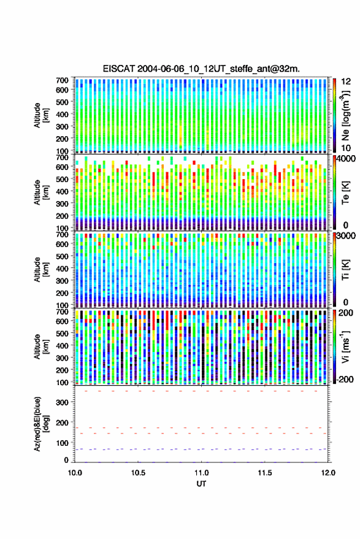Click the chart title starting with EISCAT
point(201,69)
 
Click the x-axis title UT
point(201,484)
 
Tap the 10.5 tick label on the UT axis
point(138,473)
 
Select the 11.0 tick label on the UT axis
point(201,473)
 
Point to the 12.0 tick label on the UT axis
point(328,473)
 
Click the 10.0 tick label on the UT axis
point(75,473)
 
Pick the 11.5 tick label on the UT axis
point(265,473)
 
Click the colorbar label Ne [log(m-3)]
point(345,115)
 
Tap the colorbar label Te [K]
point(345,193)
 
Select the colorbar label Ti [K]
point(345,270)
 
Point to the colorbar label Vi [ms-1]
point(345,346)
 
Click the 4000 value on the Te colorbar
point(347,159)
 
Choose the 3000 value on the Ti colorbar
point(347,236)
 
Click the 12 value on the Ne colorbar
point(347,81)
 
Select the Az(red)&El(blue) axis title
point(40,424)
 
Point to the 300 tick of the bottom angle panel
point(62,402)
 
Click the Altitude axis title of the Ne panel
point(40,115)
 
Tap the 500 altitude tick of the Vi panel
point(62,333)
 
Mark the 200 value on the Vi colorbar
point(345,313)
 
